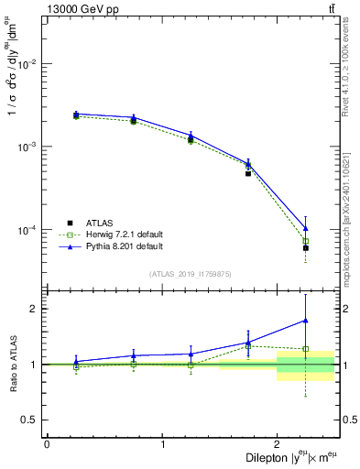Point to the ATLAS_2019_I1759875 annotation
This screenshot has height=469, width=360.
[191, 274]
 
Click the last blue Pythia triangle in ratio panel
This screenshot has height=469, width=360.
[305, 321]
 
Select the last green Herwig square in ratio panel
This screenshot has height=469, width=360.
[305, 349]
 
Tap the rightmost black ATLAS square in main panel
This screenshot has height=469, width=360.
[305, 248]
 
